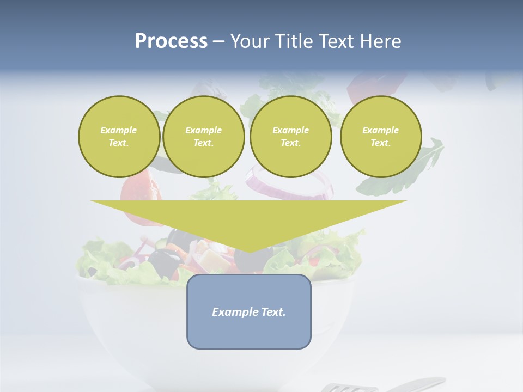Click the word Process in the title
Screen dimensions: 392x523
pos(171,41)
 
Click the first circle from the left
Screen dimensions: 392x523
pos(119,137)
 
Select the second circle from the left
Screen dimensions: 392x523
pos(204,137)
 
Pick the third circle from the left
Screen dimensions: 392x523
pos(291,137)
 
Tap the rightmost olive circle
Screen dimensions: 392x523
pos(381,137)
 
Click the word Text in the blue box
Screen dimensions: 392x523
pos(271,312)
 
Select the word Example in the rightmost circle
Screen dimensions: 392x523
pos(380,130)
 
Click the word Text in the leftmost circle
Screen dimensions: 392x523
pos(118,143)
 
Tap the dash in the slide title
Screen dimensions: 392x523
pos(218,41)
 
